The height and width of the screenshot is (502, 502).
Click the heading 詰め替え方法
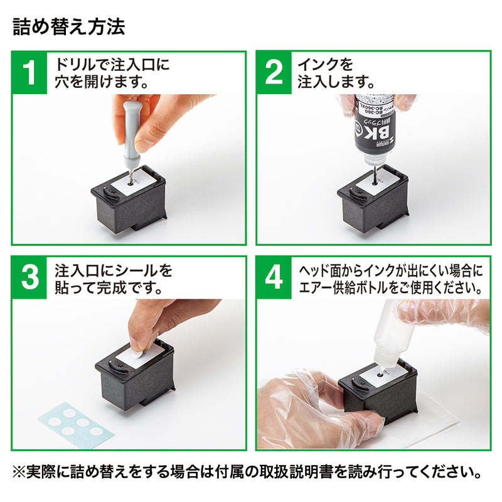coord(69,28)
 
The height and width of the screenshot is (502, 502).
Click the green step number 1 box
coord(29,73)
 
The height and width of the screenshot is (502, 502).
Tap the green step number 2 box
coord(274,73)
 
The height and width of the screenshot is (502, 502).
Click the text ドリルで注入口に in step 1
coord(113,65)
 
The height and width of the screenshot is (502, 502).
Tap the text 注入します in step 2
coord(336,82)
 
